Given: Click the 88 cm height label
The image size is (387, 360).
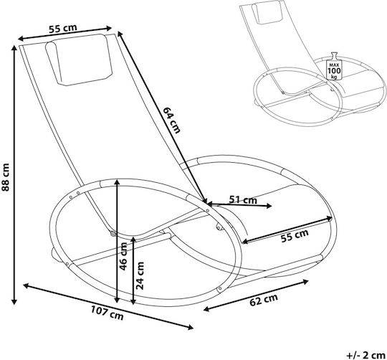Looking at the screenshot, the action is (6, 177).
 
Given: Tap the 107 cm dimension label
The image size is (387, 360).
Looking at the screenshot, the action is (107, 313).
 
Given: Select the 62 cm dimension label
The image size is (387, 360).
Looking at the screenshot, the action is (264, 300).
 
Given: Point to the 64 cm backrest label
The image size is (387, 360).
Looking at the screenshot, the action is (171, 120).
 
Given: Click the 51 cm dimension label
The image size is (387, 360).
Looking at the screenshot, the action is (243, 199).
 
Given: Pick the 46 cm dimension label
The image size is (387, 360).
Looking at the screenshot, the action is (123, 256).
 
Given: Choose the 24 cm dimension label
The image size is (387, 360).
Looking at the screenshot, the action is (140, 275).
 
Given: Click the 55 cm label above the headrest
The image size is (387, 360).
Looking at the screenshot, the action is (62, 28).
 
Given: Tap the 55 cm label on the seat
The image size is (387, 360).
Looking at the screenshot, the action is (295, 235).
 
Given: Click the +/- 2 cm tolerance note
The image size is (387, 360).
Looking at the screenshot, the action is (365, 356).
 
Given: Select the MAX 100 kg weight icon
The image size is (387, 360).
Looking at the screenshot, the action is (334, 66).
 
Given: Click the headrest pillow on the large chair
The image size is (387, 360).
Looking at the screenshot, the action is (80, 60).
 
